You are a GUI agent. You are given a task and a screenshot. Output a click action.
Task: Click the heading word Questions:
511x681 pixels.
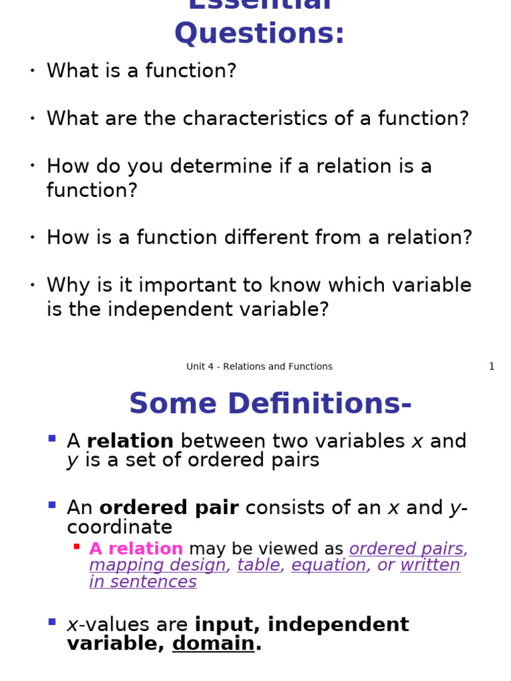259,33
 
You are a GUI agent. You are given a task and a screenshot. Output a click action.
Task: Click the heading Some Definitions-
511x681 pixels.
270,404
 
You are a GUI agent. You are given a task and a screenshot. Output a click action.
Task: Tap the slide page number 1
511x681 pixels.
492,366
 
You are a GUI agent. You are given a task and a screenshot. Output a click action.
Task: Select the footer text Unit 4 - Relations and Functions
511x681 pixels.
259,366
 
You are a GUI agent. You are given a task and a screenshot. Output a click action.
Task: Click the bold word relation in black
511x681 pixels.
130,441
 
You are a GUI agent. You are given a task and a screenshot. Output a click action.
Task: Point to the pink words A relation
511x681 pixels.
136,549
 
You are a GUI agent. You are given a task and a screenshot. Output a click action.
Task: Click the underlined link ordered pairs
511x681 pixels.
407,549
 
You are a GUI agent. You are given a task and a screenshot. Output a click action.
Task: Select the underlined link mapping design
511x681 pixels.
158,565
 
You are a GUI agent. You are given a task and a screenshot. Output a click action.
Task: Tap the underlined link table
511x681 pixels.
259,565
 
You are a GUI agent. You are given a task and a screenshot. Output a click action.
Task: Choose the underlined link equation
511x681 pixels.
329,565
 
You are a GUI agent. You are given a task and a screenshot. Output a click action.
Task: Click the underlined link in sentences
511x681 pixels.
143,582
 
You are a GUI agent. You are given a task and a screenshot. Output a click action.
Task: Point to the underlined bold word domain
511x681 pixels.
214,644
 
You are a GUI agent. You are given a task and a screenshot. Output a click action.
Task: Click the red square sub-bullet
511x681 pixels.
77,547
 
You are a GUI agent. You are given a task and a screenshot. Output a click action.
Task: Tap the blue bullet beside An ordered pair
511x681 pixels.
52,505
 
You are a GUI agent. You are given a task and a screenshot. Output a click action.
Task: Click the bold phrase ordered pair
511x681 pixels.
169,508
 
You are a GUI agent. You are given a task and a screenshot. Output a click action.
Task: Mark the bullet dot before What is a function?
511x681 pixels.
32,70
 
